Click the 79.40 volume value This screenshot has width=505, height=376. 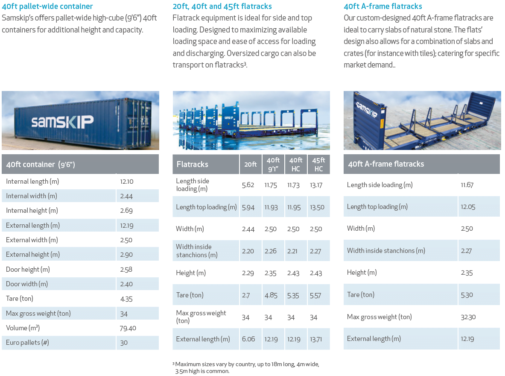pyautogui.click(x=128, y=328)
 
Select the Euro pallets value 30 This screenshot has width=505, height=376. pyautogui.click(x=124, y=343)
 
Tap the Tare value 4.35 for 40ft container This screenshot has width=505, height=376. pyautogui.click(x=126, y=299)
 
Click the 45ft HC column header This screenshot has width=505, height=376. pyautogui.click(x=318, y=164)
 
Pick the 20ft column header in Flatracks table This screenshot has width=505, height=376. pyautogui.click(x=251, y=164)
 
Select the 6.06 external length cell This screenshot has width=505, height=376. pyautogui.click(x=248, y=339)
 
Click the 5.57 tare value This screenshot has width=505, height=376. pyautogui.click(x=315, y=295)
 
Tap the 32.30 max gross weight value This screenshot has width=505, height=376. pyautogui.click(x=468, y=317)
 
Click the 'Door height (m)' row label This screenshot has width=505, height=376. pyautogui.click(x=28, y=270)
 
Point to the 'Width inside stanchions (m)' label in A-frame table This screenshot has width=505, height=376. pyautogui.click(x=386, y=251)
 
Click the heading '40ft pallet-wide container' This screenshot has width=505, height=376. pyautogui.click(x=47, y=6)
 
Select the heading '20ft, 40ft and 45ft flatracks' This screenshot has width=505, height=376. pyautogui.click(x=222, y=6)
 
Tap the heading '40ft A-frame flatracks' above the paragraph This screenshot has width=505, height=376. pyautogui.click(x=383, y=6)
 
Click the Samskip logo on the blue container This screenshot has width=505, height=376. pyautogui.click(x=62, y=122)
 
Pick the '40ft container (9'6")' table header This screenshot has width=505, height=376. pyautogui.click(x=41, y=164)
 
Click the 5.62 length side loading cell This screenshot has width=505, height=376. pyautogui.click(x=248, y=185)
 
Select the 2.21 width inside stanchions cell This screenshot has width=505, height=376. pyautogui.click(x=293, y=251)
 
